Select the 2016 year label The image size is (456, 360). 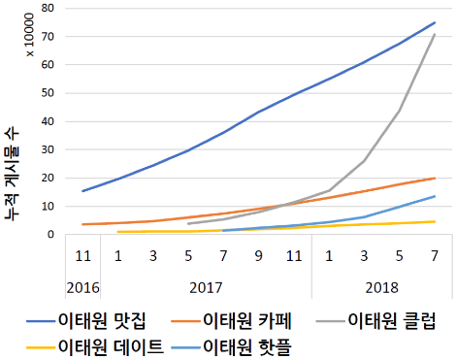coord(83,289)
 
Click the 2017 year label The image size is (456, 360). coord(205,289)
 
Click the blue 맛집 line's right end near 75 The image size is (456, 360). coord(434,22)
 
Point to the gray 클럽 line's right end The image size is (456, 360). coord(434,35)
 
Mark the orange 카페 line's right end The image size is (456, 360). coord(434,179)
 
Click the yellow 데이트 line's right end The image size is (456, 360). coord(434,222)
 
